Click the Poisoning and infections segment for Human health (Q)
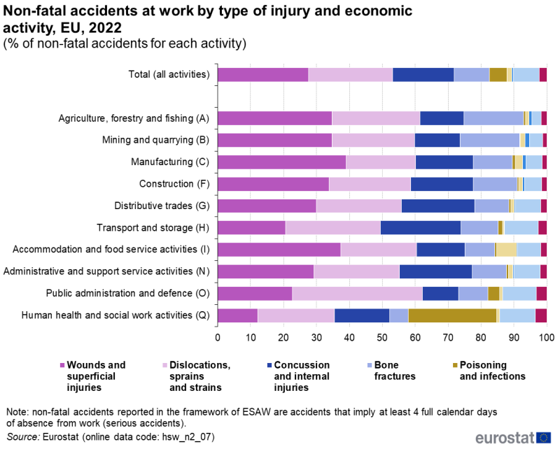pos(452,315)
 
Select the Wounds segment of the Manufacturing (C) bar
pos(281,162)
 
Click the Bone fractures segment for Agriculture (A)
pos(493,119)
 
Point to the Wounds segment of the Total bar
pos(262,75)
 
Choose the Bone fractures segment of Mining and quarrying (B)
pos(489,141)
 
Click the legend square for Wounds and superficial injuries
pos(62,365)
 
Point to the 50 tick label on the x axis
pos(382,338)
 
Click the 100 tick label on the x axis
pos(546,338)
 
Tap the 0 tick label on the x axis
pos(218,338)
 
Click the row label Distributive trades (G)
pos(162,206)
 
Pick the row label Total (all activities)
pos(169,75)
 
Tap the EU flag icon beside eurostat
pos(544,438)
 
